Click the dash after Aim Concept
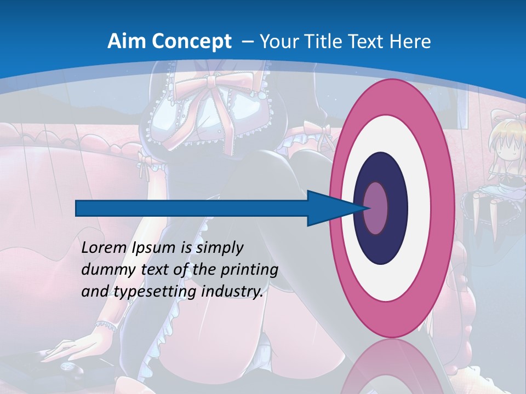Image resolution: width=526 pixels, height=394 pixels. [x=247, y=42]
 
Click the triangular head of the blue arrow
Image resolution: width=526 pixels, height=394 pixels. [x=329, y=208]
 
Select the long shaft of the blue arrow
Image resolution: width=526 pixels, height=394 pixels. [x=192, y=208]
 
